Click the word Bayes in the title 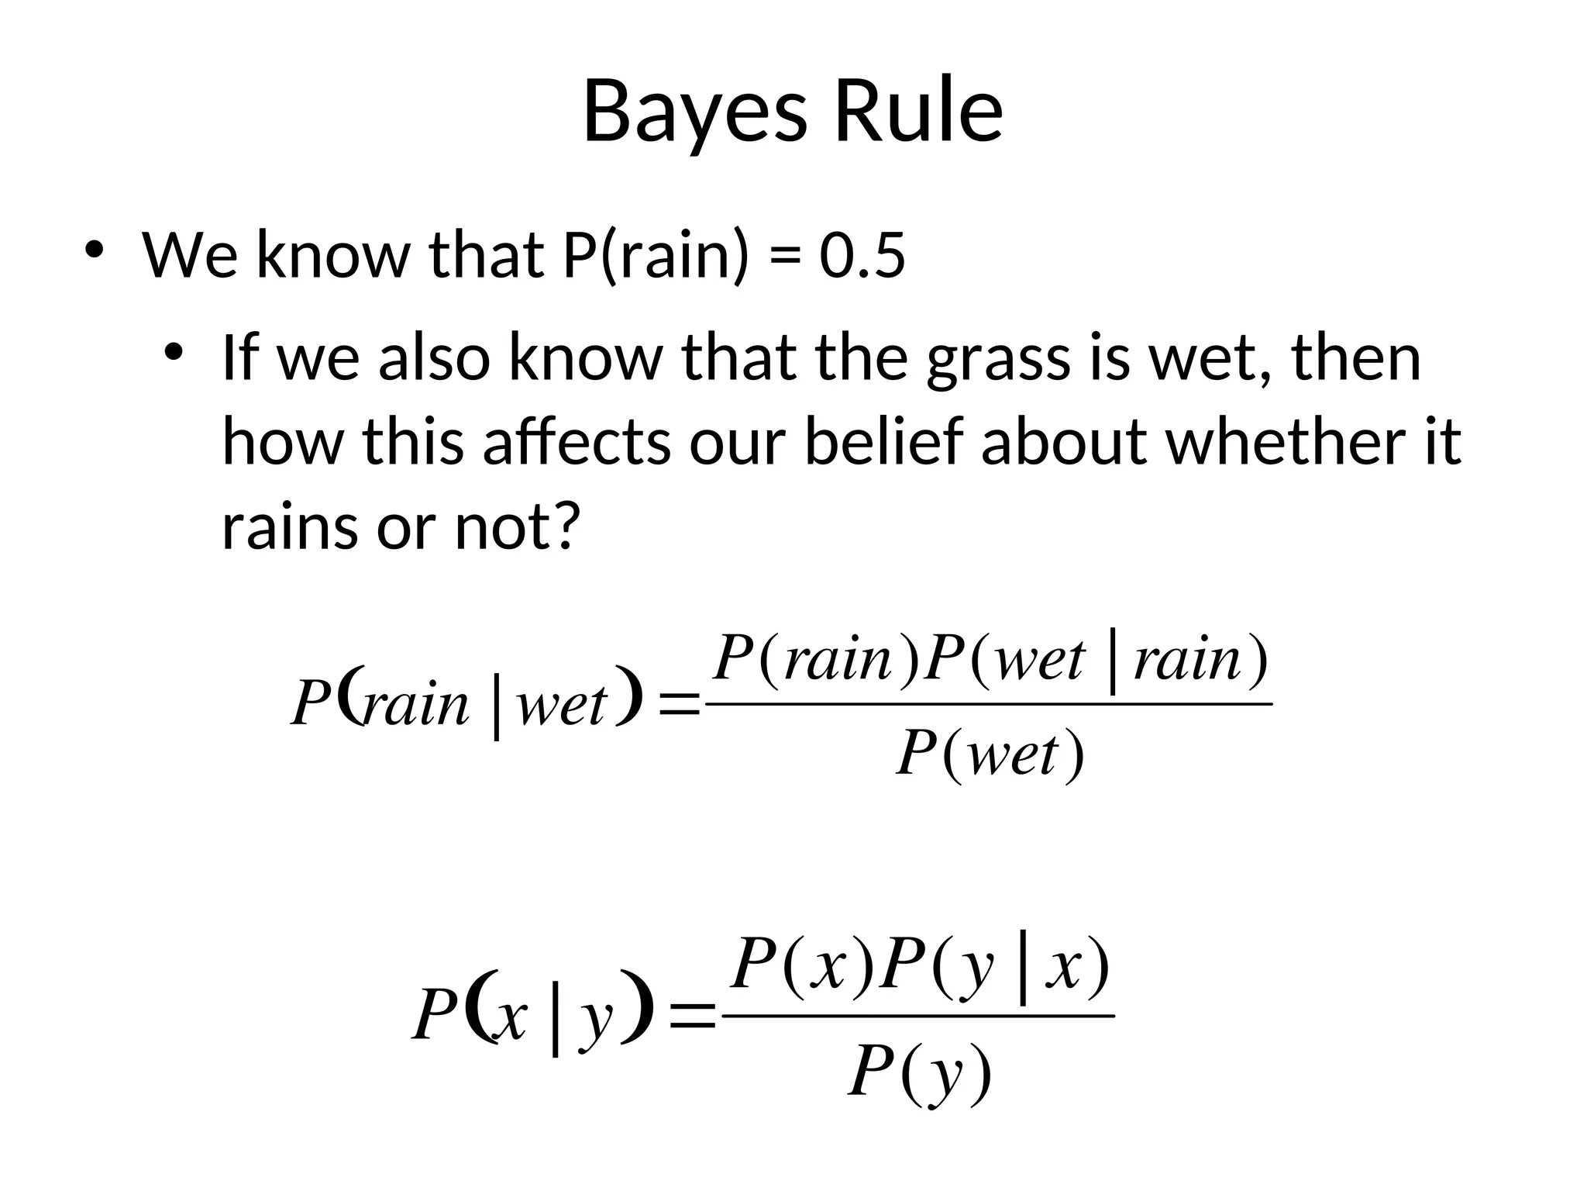coord(694,112)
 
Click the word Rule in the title coord(917,112)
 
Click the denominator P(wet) coord(990,754)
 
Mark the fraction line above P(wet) coord(990,704)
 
